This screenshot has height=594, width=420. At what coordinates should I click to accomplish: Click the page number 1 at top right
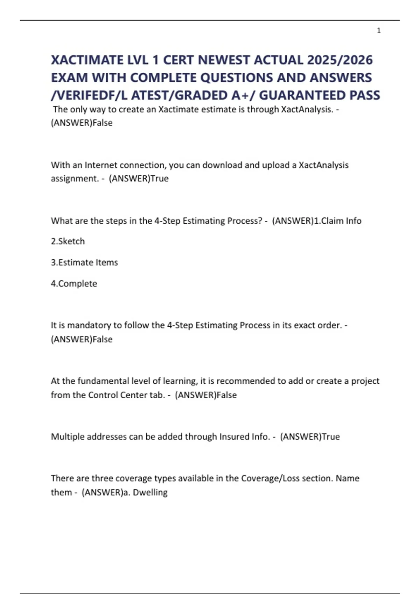pos(379,30)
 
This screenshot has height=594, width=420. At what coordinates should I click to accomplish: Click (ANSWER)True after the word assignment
pos(139,179)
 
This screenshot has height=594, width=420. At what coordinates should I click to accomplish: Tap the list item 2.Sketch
pos(68,241)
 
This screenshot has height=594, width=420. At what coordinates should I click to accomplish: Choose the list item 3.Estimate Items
pos(84,262)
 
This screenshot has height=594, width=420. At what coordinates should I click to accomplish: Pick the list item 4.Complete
pos(74,283)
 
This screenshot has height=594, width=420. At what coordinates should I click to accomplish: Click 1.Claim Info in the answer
pos(338,221)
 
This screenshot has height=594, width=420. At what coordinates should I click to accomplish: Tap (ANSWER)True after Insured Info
pos(310,437)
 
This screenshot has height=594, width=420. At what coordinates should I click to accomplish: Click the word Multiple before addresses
pos(68,437)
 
